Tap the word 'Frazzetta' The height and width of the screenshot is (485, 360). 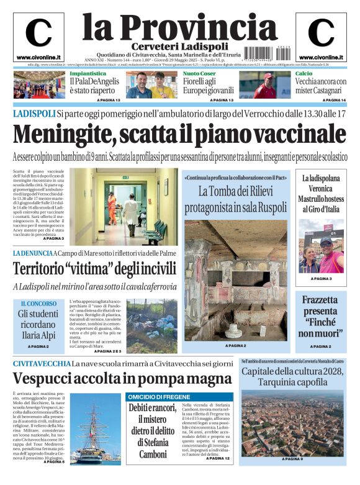(x=321, y=301)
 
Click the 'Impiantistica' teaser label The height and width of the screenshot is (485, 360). (x=86, y=73)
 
